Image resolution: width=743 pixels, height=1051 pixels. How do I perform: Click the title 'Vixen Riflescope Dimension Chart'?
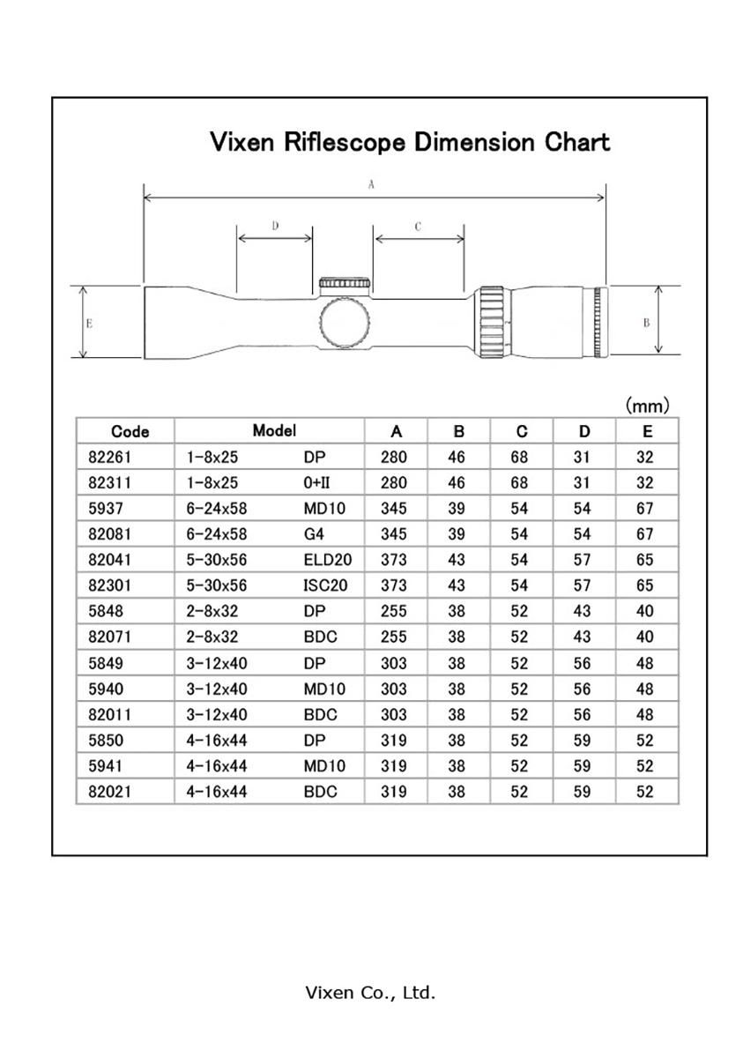pyautogui.click(x=410, y=142)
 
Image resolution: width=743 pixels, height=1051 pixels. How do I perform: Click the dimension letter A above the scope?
pyautogui.click(x=372, y=185)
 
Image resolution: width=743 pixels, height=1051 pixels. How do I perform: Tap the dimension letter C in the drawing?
pyautogui.click(x=418, y=227)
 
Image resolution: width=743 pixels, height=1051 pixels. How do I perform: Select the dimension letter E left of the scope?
pyautogui.click(x=89, y=323)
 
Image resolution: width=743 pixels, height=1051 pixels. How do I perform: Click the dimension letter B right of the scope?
pyautogui.click(x=646, y=323)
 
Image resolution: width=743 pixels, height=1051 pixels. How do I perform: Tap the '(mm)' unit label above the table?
pyautogui.click(x=648, y=406)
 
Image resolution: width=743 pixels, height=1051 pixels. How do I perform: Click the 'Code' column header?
pyautogui.click(x=130, y=431)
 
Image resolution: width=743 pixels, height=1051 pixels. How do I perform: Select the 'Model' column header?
pyautogui.click(x=274, y=430)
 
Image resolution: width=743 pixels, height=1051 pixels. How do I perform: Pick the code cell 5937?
pyautogui.click(x=106, y=509)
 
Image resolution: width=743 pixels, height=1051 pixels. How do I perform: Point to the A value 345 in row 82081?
pyautogui.click(x=394, y=534)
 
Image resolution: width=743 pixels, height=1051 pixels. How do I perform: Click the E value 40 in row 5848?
pyautogui.click(x=645, y=612)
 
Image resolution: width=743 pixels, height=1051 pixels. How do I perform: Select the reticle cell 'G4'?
pyautogui.click(x=313, y=534)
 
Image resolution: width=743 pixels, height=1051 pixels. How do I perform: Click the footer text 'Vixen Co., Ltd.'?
pyautogui.click(x=370, y=993)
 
